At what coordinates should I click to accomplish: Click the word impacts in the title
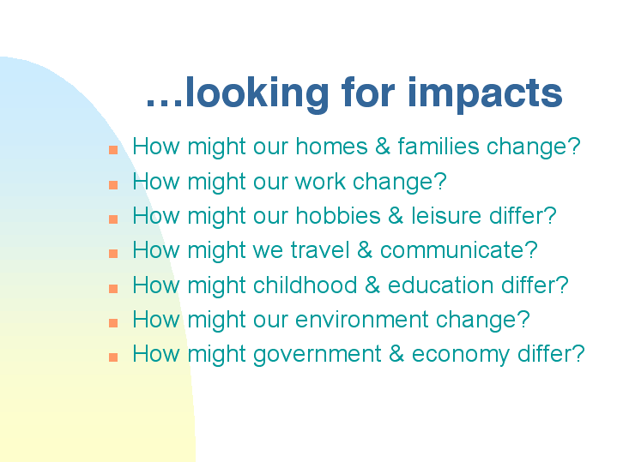(485, 94)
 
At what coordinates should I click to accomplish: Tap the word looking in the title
(257, 94)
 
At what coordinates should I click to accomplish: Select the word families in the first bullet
(439, 146)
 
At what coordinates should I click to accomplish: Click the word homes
(332, 146)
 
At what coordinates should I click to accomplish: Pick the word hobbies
(338, 215)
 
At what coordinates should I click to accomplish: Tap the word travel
(320, 250)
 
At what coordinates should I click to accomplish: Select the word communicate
(451, 250)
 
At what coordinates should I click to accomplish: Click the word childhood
(305, 285)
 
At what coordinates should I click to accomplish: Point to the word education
(441, 285)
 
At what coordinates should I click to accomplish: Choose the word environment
(361, 319)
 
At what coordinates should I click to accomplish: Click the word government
(318, 354)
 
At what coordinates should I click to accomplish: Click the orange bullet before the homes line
(113, 150)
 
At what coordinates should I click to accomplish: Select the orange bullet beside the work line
(113, 185)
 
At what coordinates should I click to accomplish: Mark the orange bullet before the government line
(113, 357)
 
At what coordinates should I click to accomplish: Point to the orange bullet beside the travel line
(113, 254)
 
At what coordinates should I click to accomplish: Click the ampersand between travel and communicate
(365, 250)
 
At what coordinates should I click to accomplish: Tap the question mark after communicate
(531, 250)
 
